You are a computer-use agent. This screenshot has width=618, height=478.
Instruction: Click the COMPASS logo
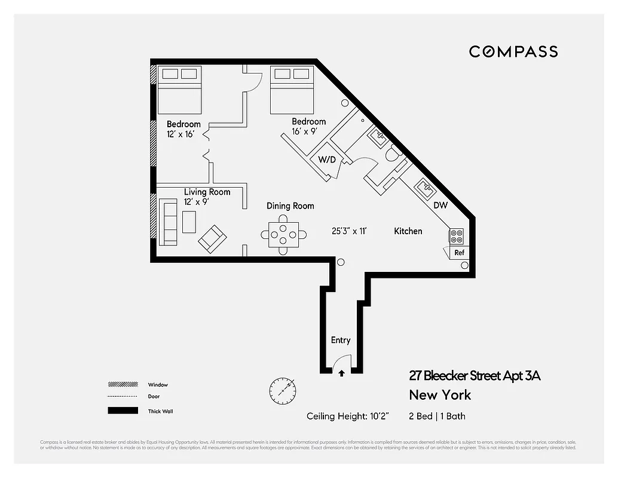click(513, 52)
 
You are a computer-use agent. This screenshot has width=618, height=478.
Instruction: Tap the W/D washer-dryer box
click(326, 160)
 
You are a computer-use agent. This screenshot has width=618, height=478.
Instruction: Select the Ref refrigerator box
click(459, 252)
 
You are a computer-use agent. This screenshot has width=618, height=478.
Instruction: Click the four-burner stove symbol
click(457, 237)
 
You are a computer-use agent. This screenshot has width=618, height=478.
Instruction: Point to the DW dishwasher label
click(440, 206)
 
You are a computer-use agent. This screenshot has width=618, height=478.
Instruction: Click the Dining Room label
click(290, 206)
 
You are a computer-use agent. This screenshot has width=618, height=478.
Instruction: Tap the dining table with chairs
click(284, 234)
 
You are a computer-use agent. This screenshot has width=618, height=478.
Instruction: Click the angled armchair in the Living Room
click(212, 238)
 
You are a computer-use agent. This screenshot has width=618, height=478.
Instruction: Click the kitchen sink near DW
click(426, 190)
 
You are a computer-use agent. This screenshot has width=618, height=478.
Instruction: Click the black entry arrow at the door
click(341, 373)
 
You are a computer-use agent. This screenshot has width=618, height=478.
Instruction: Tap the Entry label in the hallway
click(341, 341)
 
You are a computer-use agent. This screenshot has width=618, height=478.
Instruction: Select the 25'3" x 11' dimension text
click(348, 231)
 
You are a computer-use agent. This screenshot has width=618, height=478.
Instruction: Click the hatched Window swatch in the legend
click(119, 385)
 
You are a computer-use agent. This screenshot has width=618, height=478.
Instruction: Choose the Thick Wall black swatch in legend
click(119, 411)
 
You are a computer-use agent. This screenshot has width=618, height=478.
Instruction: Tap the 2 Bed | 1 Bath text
click(437, 416)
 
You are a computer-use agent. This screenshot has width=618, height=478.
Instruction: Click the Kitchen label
click(408, 231)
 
